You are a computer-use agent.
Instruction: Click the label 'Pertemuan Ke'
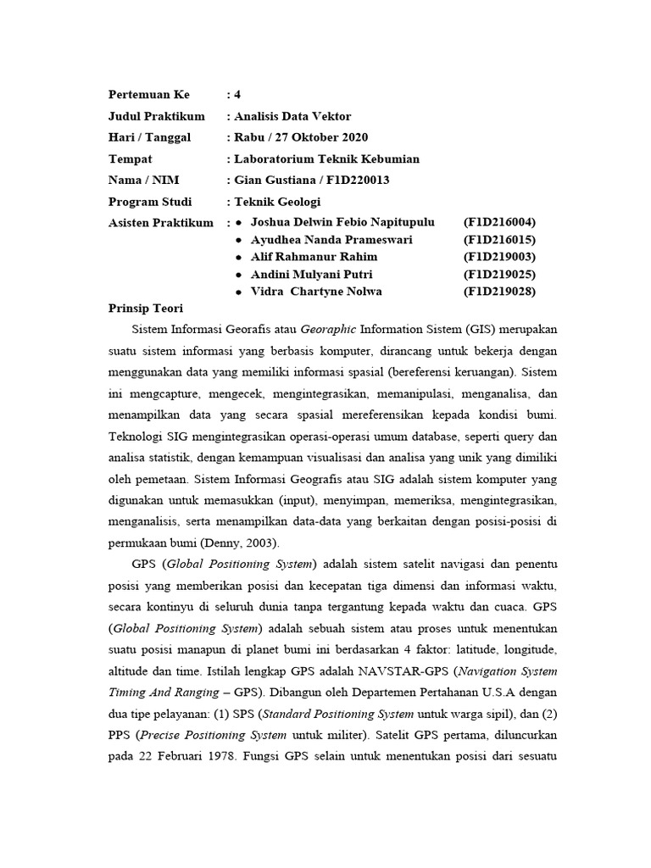point(149,94)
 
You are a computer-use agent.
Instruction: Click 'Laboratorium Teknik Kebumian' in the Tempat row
point(326,159)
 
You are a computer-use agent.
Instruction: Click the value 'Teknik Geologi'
point(277,202)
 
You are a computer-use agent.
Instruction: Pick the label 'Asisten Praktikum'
point(161,222)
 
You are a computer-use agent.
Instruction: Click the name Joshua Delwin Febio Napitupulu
point(342,222)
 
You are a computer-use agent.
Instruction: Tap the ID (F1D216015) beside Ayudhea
point(499,240)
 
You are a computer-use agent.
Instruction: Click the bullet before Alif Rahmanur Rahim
point(240,257)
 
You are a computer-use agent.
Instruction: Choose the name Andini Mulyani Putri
point(311,275)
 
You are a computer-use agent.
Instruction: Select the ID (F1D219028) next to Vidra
point(499,292)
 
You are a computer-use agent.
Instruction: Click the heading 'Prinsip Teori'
point(146,308)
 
